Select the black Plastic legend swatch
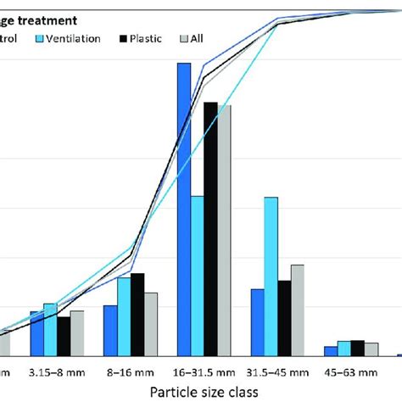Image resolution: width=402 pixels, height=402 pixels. pyautogui.click(x=123, y=39)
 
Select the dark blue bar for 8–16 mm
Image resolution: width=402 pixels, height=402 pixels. pyautogui.click(x=110, y=331)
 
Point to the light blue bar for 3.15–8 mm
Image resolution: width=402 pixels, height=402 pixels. pyautogui.click(x=50, y=330)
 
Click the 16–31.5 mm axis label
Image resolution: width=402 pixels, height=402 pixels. pyautogui.click(x=204, y=371)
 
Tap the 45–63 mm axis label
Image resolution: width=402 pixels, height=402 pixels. pyautogui.click(x=350, y=371)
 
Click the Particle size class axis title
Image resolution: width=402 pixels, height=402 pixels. pyautogui.click(x=204, y=392)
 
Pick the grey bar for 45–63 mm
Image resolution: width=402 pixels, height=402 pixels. pyautogui.click(x=371, y=349)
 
